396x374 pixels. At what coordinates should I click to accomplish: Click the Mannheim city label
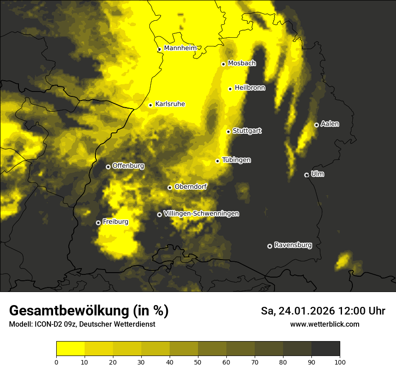180,48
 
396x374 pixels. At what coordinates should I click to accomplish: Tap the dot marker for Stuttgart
228,132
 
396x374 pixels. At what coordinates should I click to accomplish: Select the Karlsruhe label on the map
170,104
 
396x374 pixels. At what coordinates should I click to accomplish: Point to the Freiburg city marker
98,223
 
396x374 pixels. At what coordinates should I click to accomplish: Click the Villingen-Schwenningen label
201,214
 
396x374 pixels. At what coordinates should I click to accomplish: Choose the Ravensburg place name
293,245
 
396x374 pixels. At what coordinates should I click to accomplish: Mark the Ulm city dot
306,175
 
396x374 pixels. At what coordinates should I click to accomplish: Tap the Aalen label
330,124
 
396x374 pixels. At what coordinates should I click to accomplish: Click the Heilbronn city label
250,88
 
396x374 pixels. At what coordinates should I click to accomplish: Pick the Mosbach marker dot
223,64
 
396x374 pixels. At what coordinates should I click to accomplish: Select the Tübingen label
236,160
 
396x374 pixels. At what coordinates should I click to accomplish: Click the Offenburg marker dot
108,167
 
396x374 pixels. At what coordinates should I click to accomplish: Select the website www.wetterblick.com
324,324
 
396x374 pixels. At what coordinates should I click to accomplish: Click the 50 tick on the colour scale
198,361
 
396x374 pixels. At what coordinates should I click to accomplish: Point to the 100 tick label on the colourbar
340,361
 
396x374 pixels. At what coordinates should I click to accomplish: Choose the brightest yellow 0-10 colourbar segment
70,349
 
